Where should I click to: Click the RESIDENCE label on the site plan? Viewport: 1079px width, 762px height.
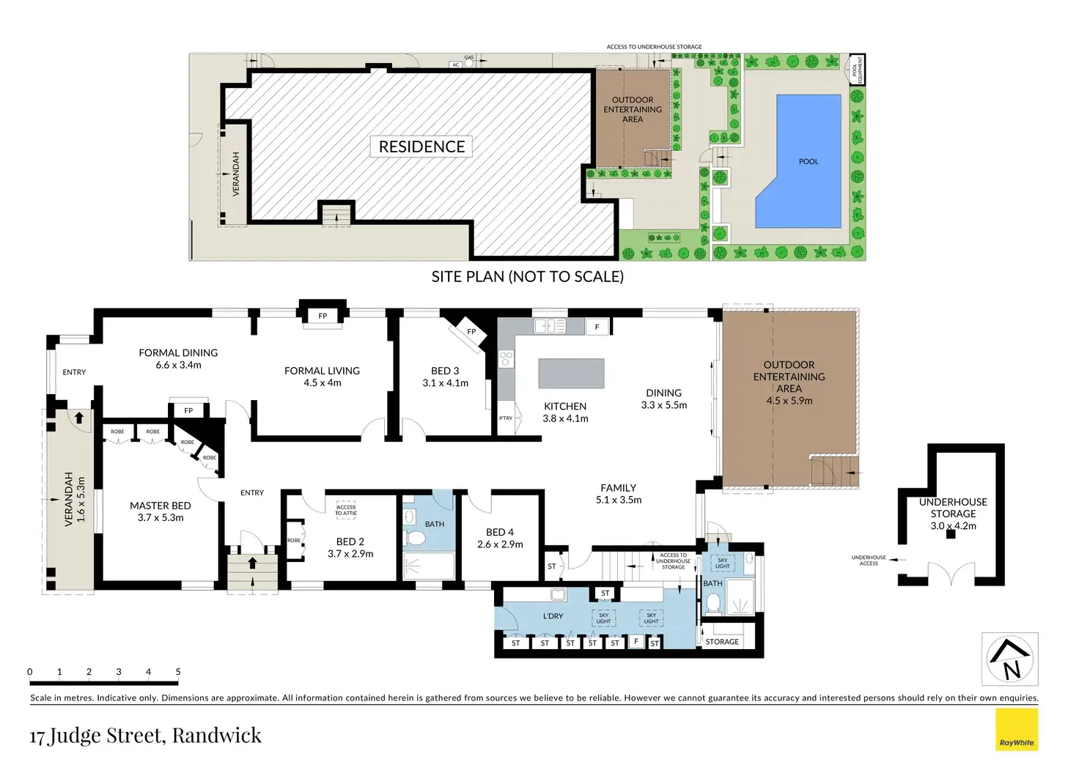(421, 147)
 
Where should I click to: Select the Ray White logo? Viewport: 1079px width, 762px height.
(1016, 730)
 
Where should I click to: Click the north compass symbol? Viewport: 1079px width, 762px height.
(1009, 659)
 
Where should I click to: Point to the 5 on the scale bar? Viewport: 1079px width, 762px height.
(178, 672)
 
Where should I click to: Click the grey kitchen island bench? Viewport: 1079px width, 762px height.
(571, 373)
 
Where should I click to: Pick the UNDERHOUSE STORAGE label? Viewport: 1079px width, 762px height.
(953, 507)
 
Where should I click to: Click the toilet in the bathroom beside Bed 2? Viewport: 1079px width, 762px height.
(416, 539)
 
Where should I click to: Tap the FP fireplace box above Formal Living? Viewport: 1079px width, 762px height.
(323, 316)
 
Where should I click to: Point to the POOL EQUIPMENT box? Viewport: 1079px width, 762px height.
(856, 69)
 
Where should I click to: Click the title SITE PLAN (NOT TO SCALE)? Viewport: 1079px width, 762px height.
(527, 277)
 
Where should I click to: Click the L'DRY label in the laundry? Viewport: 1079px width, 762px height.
(553, 616)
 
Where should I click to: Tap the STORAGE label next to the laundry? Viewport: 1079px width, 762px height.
(721, 642)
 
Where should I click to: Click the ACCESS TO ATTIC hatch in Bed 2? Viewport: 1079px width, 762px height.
(346, 510)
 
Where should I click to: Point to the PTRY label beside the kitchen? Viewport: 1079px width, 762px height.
(506, 418)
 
